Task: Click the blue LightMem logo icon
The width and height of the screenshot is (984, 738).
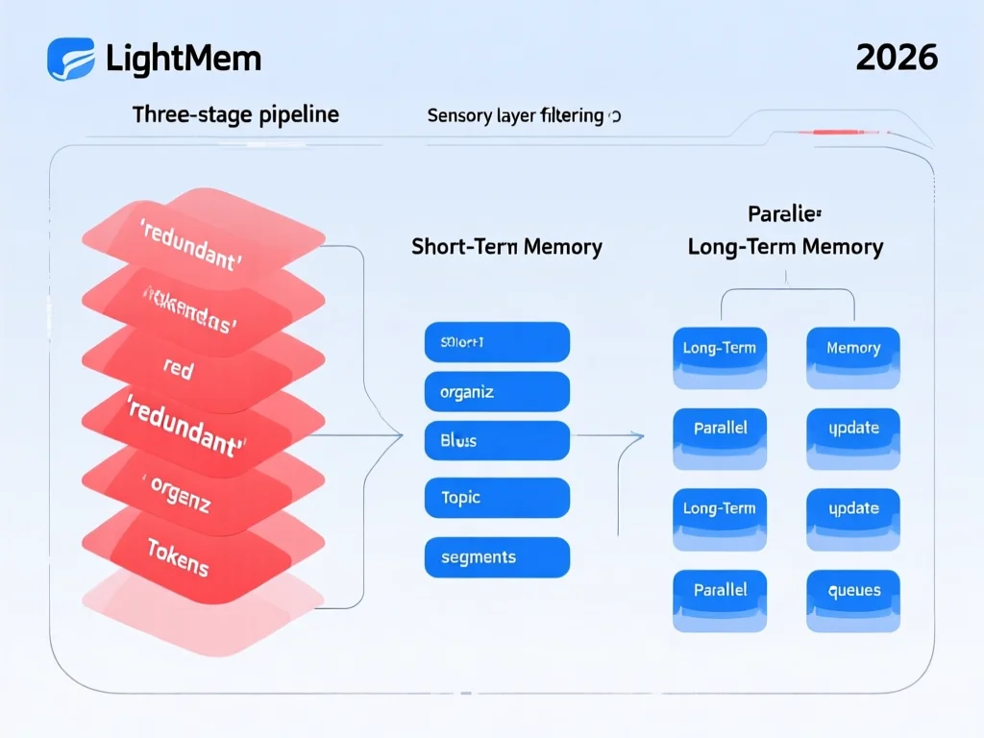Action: pos(70,58)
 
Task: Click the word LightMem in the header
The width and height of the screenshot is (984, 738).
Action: pos(183,59)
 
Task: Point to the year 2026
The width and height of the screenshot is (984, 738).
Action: pos(896,58)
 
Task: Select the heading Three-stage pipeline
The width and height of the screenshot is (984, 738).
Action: pos(235,115)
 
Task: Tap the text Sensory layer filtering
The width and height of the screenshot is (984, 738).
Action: pos(516,116)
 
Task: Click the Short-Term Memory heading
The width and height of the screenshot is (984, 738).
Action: pos(506,247)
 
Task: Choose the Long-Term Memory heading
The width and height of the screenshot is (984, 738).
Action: pos(785,247)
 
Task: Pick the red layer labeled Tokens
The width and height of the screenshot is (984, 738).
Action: pos(178,556)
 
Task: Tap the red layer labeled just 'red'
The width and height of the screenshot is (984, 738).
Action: pos(179,369)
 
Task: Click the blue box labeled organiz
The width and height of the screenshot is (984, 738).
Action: pos(497,392)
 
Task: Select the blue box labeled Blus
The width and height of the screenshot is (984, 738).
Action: pos(497,441)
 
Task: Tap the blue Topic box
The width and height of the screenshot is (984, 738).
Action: pos(497,498)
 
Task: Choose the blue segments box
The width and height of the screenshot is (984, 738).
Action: pos(497,557)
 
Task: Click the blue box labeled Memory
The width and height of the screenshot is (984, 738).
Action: pos(853,349)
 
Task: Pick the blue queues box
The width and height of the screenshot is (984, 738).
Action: pos(853,591)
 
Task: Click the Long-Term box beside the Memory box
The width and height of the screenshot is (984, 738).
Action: pos(720,349)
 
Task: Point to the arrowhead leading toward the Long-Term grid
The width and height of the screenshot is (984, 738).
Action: pos(638,435)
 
